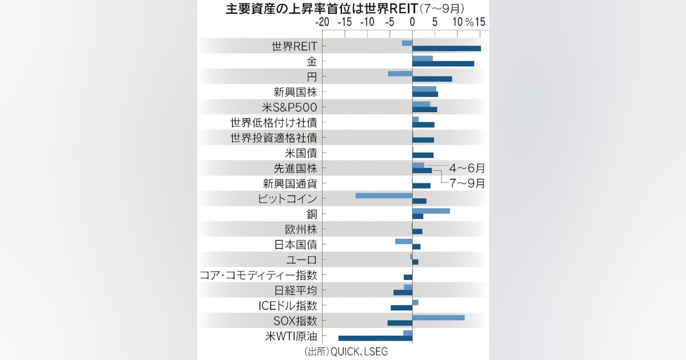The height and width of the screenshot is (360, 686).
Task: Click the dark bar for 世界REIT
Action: click(446, 49)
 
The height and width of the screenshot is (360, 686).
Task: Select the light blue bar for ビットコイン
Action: click(384, 195)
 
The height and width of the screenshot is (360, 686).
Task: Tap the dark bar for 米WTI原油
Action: click(375, 338)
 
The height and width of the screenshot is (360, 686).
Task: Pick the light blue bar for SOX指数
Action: click(438, 317)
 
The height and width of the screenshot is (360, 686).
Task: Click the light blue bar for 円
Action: click(400, 73)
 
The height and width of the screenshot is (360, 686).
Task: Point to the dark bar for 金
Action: click(443, 63)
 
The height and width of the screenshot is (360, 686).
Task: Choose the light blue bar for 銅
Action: click(431, 211)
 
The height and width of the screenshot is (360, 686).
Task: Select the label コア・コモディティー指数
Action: click(258, 275)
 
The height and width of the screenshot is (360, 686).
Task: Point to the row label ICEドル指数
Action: click(288, 306)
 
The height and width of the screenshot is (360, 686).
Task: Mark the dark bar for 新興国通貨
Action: click(421, 186)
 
